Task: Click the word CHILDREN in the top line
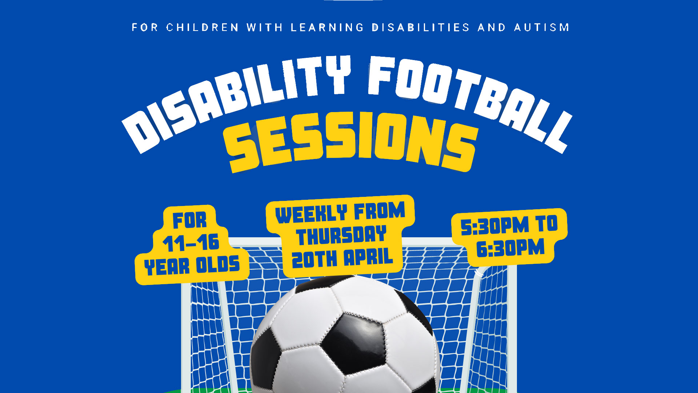coord(202,28)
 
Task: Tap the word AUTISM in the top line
coord(542,28)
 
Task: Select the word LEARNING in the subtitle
coord(327,28)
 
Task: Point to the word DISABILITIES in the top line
coord(421,28)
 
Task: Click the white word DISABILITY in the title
coord(233,102)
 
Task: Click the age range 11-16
coord(191,243)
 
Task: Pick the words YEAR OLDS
coord(192,266)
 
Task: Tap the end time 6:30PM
coord(510,249)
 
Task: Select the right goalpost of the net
coord(512,327)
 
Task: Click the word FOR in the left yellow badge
coord(189,220)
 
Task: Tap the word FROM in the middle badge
coord(379,211)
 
